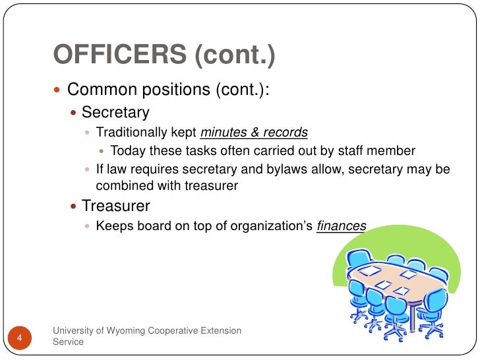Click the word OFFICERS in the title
pos(119,56)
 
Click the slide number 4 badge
pos(20,338)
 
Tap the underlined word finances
pos(341,226)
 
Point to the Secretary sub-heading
pos(115,113)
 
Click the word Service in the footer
pos(68,343)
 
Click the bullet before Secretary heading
pos(74,113)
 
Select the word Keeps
pos(111,226)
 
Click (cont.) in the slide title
pos(234,56)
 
